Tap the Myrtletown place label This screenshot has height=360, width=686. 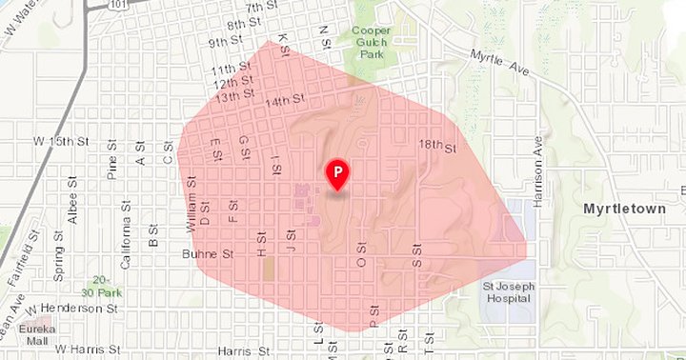[622, 206]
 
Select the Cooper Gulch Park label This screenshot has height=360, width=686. [370, 43]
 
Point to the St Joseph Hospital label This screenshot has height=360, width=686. [506, 290]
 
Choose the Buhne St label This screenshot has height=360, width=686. [207, 255]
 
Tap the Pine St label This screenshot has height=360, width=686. [112, 171]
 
